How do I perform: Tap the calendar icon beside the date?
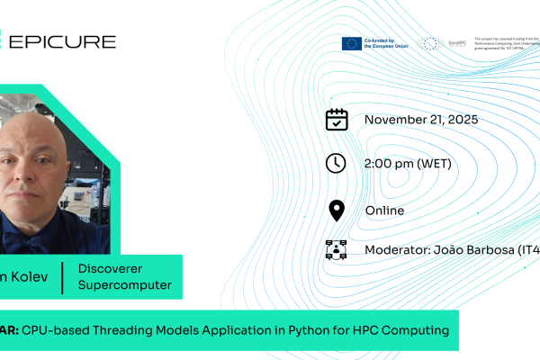(x=336, y=120)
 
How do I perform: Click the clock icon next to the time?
(x=336, y=164)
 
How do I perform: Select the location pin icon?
(x=336, y=211)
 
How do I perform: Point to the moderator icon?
(x=336, y=250)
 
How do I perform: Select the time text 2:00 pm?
(x=389, y=164)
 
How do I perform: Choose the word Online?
(x=385, y=211)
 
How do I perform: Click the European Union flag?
(x=351, y=42)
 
